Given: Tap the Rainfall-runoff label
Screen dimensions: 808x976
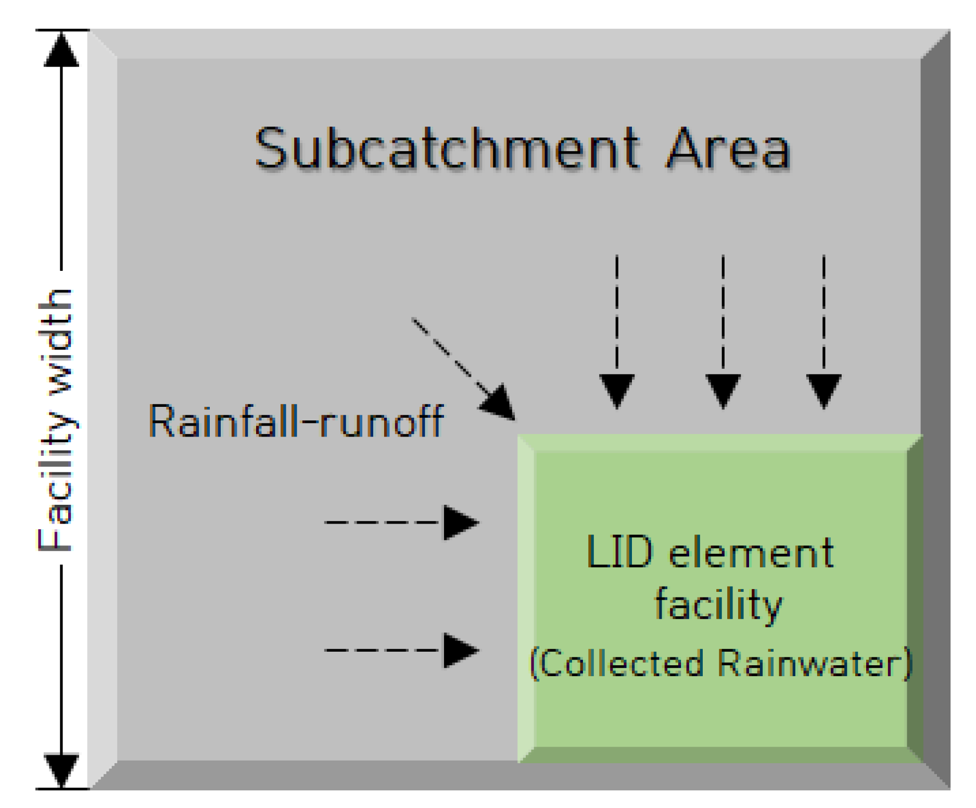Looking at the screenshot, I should (296, 421).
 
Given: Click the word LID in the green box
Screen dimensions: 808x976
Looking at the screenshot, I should (618, 552).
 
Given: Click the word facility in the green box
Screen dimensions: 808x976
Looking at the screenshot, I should (718, 605).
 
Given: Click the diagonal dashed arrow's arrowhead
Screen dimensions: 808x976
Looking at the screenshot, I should (499, 403).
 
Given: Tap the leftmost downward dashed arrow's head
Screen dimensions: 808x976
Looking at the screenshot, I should (617, 389).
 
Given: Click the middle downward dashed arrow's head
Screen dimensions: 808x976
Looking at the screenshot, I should (723, 389).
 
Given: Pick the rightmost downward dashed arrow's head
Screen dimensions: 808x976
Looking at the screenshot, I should (823, 389).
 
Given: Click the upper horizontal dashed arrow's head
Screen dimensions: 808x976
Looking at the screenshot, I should (460, 522).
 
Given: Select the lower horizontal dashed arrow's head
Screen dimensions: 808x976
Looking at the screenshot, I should (460, 650).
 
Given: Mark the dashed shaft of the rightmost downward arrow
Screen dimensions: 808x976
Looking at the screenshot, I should (823, 313).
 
